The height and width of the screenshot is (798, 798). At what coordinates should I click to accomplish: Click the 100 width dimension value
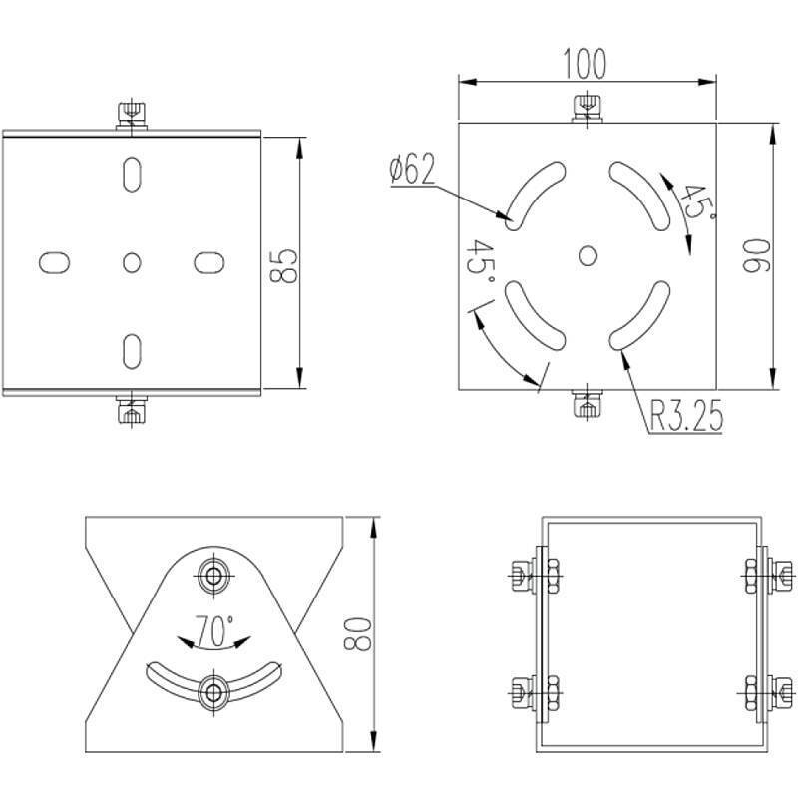585,63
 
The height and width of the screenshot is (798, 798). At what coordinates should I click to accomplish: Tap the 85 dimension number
285,264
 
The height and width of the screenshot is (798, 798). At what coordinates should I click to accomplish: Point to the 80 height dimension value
359,632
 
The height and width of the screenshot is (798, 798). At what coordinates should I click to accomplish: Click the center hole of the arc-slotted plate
588,255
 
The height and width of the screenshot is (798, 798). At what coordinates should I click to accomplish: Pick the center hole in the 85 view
131,262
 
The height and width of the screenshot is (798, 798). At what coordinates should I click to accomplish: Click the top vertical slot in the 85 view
131,175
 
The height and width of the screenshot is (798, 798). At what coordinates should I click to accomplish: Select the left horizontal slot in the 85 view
54,262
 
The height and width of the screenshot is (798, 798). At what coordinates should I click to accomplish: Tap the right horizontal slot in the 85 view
207,262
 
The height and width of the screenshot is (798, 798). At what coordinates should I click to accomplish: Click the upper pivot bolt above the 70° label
213,575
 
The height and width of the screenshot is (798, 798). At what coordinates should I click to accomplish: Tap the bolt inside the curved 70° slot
213,691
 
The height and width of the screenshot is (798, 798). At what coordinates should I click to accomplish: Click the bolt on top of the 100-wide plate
588,108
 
